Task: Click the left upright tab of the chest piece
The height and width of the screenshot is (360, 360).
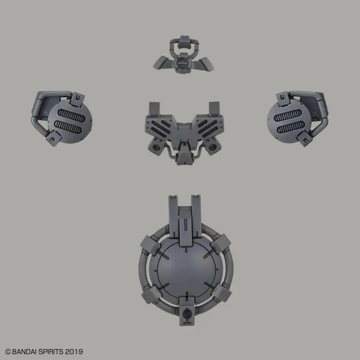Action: pyautogui.click(x=155, y=107)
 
